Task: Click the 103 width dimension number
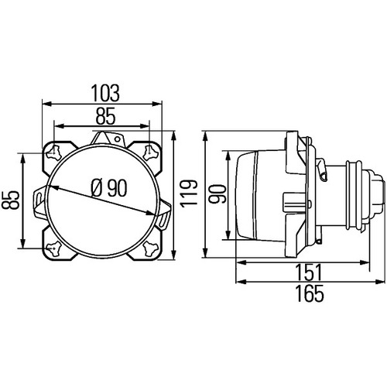[105, 93]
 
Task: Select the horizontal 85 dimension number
[105, 116]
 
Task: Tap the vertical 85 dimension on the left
[11, 200]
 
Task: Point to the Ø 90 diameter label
[109, 188]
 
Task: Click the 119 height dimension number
[189, 193]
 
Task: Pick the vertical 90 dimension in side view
[217, 194]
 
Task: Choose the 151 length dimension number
[309, 272]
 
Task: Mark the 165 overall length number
[310, 293]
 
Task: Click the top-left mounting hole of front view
[53, 152]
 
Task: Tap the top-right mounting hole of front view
[150, 152]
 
